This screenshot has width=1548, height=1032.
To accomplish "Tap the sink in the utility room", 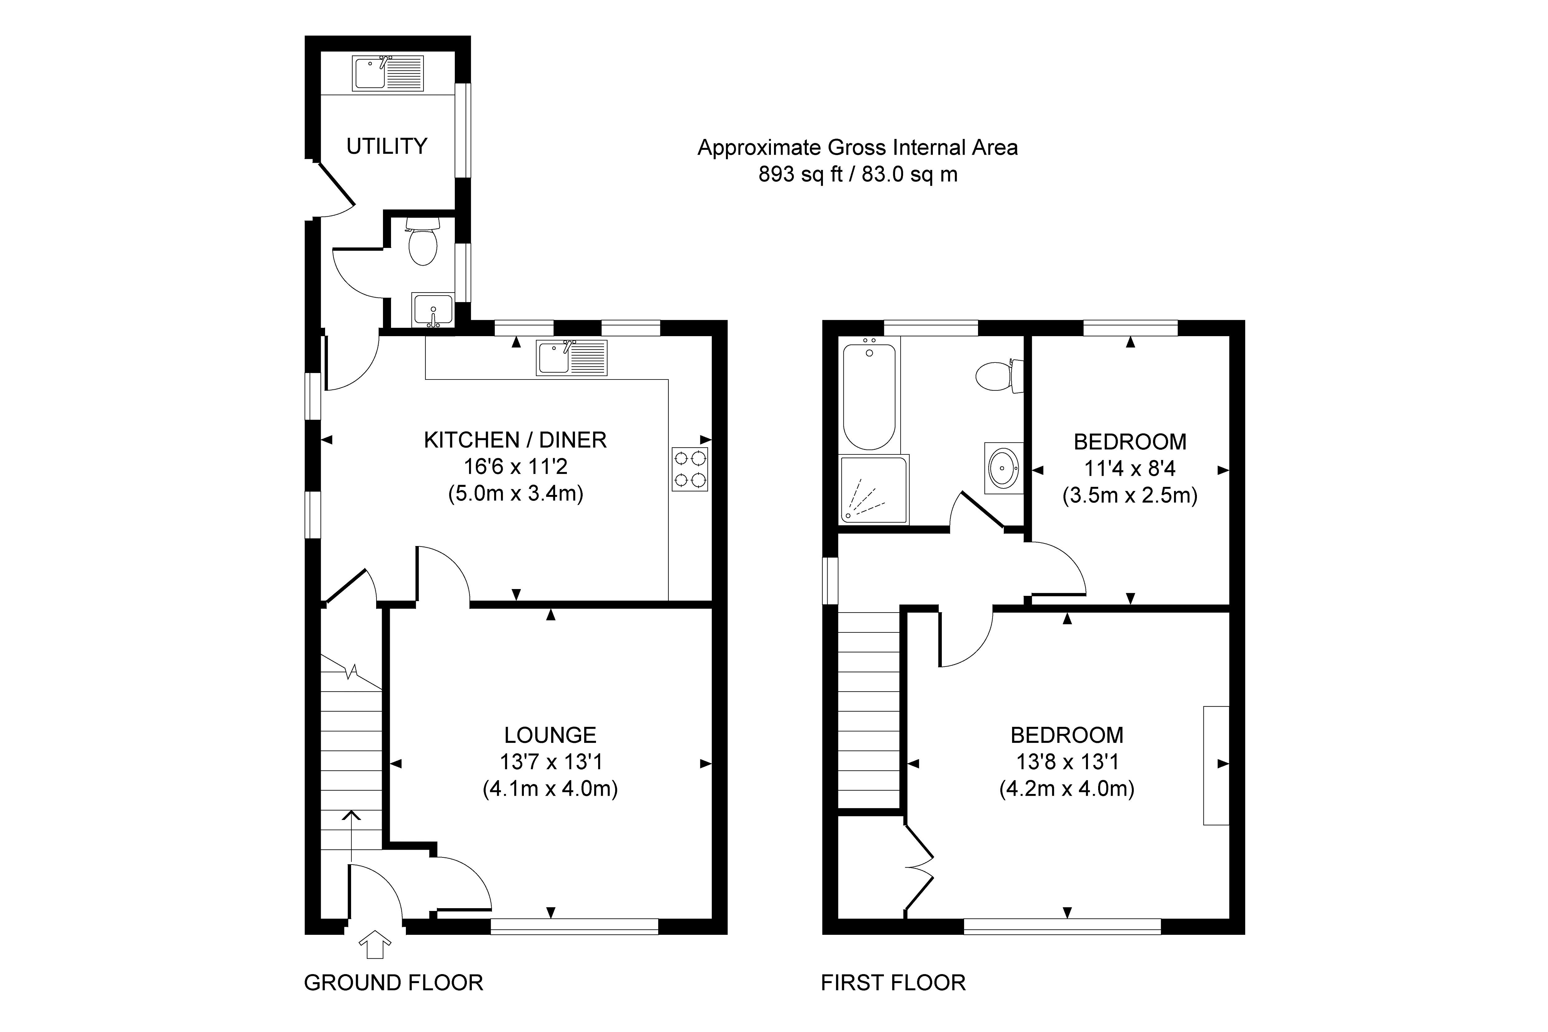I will point(388,73).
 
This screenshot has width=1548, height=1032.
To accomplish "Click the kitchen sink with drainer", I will point(571,358).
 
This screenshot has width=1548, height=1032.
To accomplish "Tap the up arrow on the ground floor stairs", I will point(351,836).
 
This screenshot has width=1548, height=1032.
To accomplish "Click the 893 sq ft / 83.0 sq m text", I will point(858,174).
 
